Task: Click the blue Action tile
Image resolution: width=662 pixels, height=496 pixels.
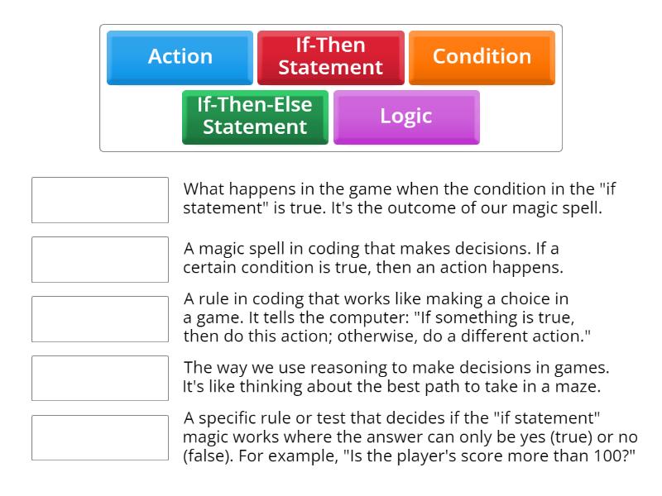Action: tap(180, 57)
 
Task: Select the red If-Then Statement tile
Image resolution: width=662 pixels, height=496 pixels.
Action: tap(330, 57)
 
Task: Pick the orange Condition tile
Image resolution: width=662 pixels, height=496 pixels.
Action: tap(482, 57)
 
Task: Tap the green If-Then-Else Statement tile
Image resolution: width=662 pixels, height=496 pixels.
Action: tap(255, 117)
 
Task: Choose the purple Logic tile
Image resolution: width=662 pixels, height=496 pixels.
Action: tap(405, 117)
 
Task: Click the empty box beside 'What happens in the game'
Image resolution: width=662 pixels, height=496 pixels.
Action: tap(100, 200)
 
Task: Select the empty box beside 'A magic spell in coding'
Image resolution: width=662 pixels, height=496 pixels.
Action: tap(100, 260)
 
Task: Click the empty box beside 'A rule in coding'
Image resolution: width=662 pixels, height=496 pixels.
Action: tap(100, 319)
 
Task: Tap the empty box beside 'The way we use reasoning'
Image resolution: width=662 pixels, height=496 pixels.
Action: tap(100, 379)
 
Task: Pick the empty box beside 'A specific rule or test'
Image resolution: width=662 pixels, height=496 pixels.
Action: tap(100, 438)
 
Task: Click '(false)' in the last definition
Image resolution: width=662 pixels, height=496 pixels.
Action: tap(204, 455)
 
